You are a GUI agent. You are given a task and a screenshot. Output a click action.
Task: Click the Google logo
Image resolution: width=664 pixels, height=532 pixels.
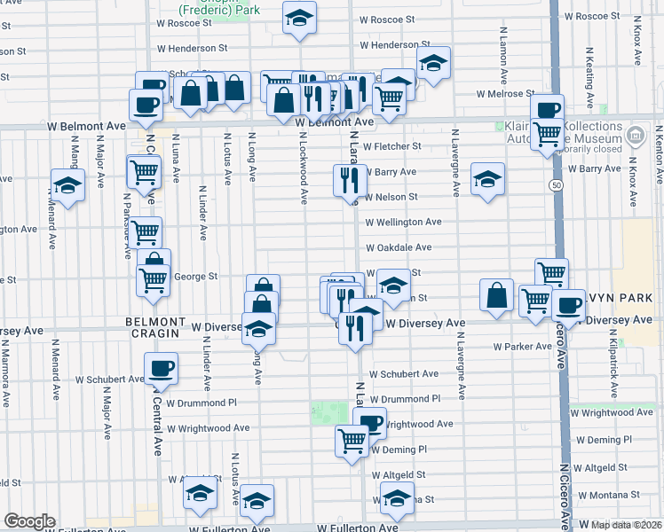(x=29, y=521)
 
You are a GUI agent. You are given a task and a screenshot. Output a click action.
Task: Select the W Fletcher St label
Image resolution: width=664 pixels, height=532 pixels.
(x=391, y=146)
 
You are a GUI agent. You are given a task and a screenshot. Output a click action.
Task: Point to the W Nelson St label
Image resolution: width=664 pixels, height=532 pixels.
(x=389, y=197)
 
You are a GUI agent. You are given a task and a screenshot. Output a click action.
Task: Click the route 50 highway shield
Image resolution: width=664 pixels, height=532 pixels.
(x=556, y=184)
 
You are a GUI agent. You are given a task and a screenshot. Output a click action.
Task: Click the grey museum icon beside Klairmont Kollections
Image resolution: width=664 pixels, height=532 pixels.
(x=635, y=137)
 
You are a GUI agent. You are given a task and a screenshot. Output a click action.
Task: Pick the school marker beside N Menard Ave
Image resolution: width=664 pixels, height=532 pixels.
(x=67, y=185)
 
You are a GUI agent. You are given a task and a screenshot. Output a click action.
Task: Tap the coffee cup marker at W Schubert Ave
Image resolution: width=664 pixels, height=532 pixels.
(x=161, y=368)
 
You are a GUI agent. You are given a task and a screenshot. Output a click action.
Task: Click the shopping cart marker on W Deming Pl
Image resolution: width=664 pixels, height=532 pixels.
(x=352, y=439)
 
